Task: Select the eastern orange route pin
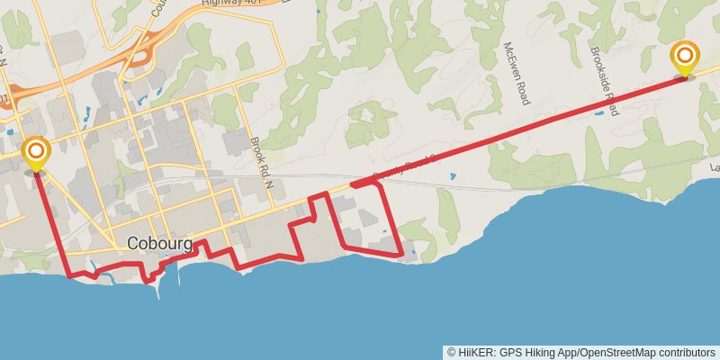tap(684, 58)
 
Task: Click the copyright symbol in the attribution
tap(452, 352)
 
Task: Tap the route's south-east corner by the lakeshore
tap(400, 256)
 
